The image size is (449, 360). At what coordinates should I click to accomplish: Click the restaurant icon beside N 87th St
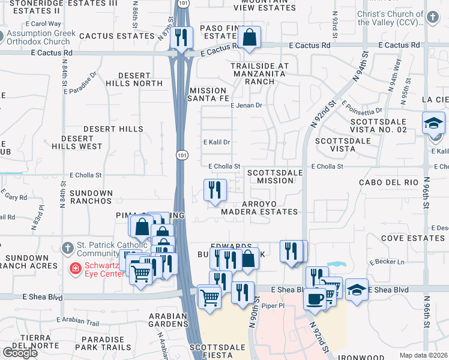(181, 38)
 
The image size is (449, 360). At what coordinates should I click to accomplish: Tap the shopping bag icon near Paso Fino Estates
(249, 38)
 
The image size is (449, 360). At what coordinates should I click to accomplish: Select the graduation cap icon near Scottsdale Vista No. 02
(433, 124)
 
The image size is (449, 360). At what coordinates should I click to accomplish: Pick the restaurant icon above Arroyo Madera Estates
(215, 190)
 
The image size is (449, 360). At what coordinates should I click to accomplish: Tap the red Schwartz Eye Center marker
(76, 268)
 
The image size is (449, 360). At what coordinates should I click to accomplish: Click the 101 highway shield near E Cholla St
(182, 155)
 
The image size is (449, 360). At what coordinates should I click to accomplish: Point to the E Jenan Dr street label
(247, 106)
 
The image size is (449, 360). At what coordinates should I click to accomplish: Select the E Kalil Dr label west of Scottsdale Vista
(217, 142)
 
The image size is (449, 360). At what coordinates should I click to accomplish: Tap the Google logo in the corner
(20, 353)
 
